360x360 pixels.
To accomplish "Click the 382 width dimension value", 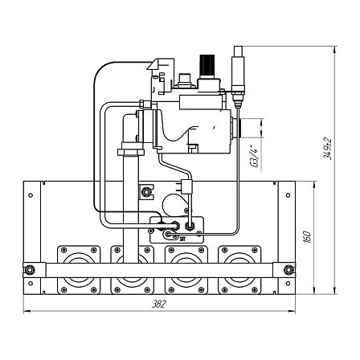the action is point(159,305).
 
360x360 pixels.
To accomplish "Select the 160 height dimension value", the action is point(308,236).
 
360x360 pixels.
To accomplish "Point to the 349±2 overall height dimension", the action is point(328,149).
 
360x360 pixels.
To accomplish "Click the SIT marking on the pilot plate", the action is point(182,239).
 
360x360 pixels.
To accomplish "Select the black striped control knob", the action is point(207,66).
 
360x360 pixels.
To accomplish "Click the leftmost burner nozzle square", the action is point(79,270).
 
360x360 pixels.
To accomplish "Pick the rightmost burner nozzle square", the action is point(239,270).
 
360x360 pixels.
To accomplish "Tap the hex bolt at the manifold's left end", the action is point(29,270).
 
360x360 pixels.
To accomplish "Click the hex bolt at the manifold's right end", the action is point(288,270).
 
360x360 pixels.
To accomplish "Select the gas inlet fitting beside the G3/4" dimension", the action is point(235,128).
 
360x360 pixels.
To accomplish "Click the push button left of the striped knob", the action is point(184,80).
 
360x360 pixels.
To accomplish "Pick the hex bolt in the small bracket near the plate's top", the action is point(146,192).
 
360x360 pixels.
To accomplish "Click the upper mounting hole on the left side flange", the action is point(31,195).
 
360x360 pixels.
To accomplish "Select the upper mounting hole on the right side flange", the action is point(288,195).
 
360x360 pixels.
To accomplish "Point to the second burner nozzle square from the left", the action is point(133,270).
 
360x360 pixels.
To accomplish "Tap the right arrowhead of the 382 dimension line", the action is point(292,312).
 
